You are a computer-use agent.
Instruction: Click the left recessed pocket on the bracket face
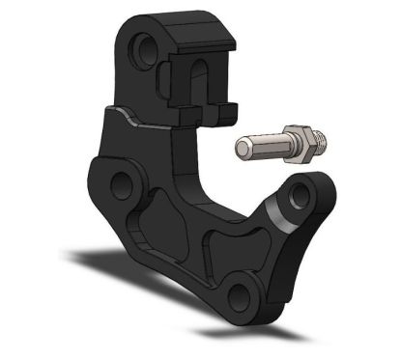pyautogui.click(x=145, y=232)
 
